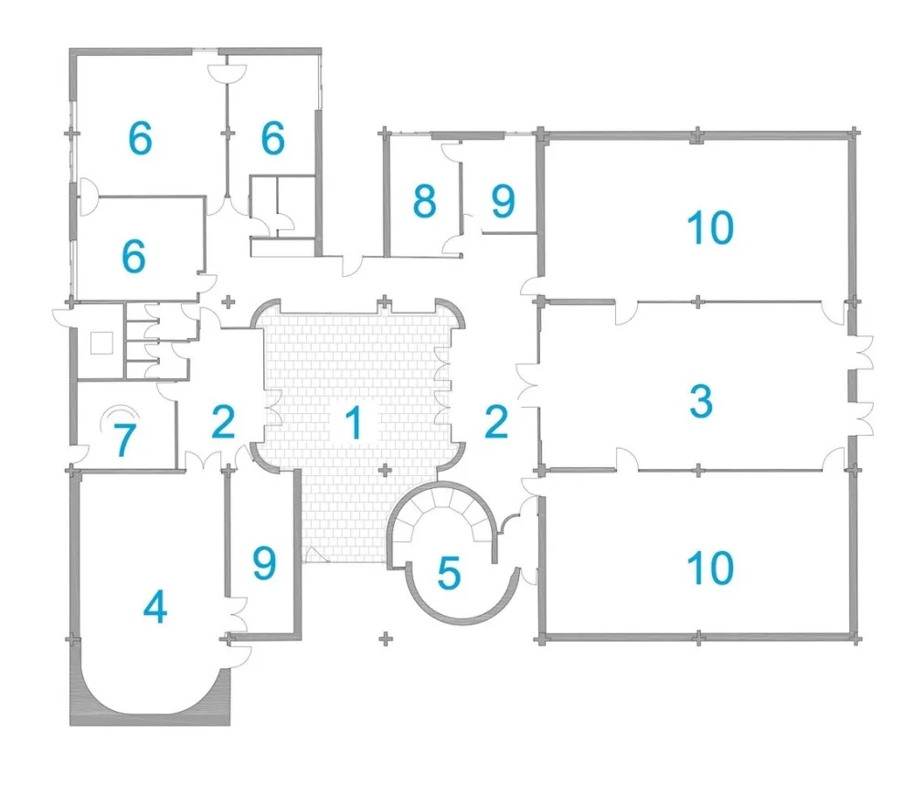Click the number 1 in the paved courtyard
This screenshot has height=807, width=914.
[354, 422]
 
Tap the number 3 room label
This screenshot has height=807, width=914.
[701, 401]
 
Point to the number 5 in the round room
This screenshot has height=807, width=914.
[449, 573]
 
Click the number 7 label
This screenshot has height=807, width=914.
[124, 440]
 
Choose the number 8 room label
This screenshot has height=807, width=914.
[424, 201]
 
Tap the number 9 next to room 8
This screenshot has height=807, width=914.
[503, 201]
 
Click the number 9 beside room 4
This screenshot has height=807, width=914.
[263, 563]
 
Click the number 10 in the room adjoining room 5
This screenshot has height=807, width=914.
[710, 568]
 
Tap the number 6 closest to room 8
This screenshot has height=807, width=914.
[272, 138]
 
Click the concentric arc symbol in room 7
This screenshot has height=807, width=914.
[120, 414]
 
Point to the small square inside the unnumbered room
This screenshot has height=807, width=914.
[101, 343]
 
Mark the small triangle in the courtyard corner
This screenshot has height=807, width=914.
[315, 555]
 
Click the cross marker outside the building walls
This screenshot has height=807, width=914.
[385, 639]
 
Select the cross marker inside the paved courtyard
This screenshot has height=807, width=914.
[385, 470]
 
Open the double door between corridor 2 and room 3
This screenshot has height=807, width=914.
[528, 385]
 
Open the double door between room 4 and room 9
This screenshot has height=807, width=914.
[238, 615]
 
